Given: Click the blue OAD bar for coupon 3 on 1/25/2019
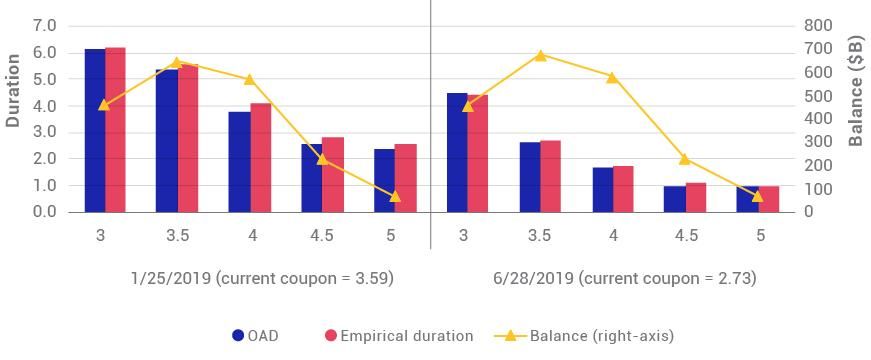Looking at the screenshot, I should pos(94,130).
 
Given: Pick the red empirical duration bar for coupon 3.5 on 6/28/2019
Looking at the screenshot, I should pos(550,176).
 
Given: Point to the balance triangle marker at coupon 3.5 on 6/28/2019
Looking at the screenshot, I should pos(540,55).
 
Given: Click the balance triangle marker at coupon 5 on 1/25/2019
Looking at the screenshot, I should pos(395,196).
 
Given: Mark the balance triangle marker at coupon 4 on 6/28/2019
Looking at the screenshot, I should pos(613,77).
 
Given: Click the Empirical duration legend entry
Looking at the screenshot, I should pos(398,336).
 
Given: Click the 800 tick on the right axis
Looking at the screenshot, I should pos(818,25).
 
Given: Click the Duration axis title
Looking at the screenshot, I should pos(14,90).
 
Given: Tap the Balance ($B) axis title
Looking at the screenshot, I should pos(856,90).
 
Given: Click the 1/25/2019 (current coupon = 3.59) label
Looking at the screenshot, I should pos(262,278).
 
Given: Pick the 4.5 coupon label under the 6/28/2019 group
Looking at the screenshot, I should pos(686,235).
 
